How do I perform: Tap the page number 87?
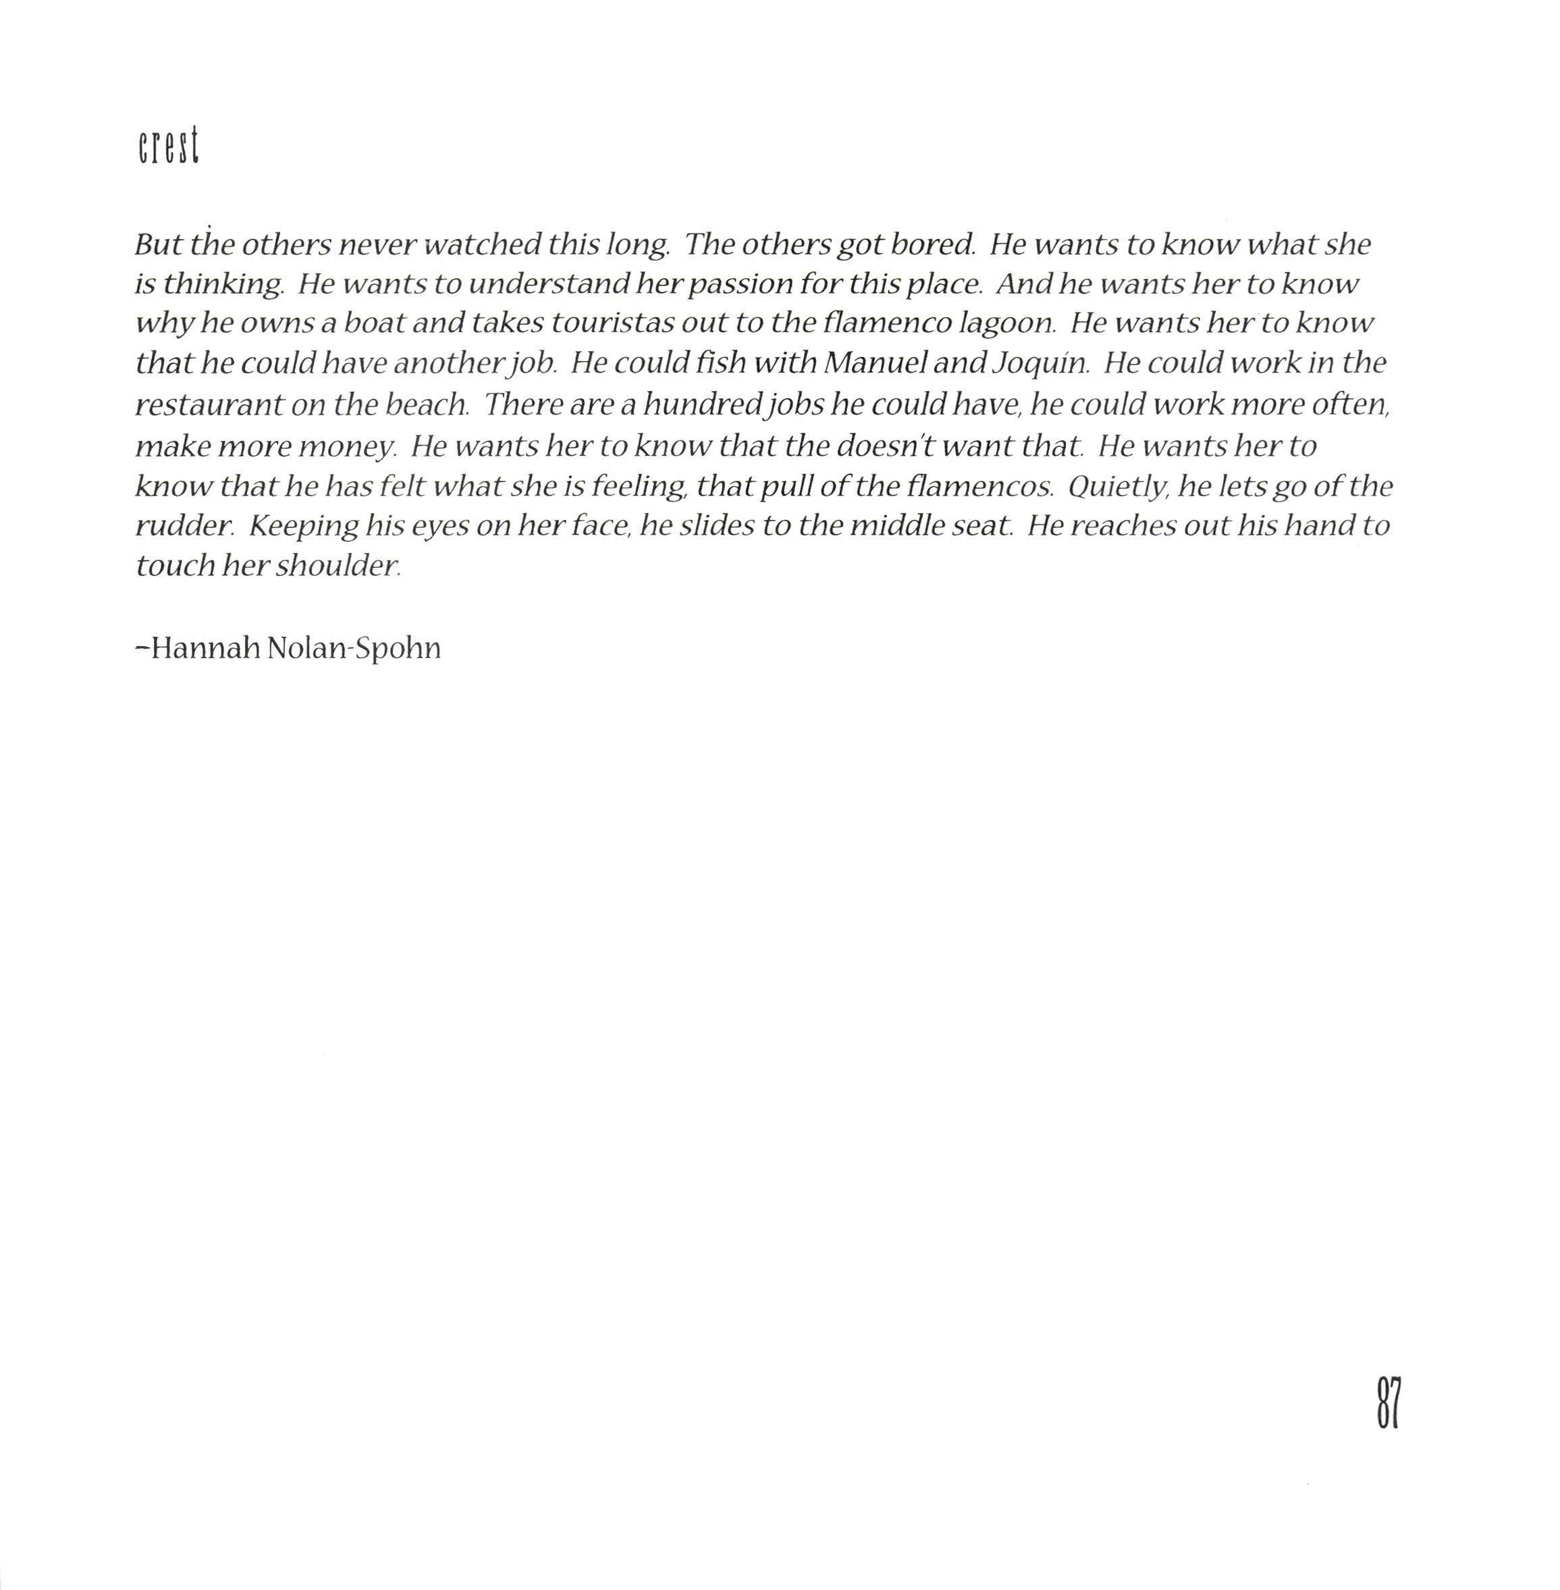click(x=1388, y=1403)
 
